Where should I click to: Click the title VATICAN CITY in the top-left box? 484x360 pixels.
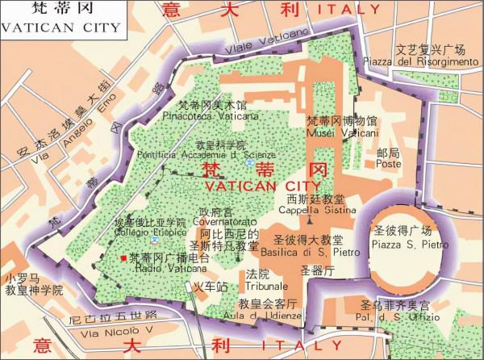pyautogui.click(x=60, y=27)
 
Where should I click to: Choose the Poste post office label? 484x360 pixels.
pyautogui.click(x=388, y=164)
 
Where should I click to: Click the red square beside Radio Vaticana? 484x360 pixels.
pyautogui.click(x=123, y=257)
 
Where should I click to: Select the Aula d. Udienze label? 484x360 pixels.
pyautogui.click(x=267, y=316)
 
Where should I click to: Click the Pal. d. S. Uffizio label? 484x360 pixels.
pyautogui.click(x=394, y=315)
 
